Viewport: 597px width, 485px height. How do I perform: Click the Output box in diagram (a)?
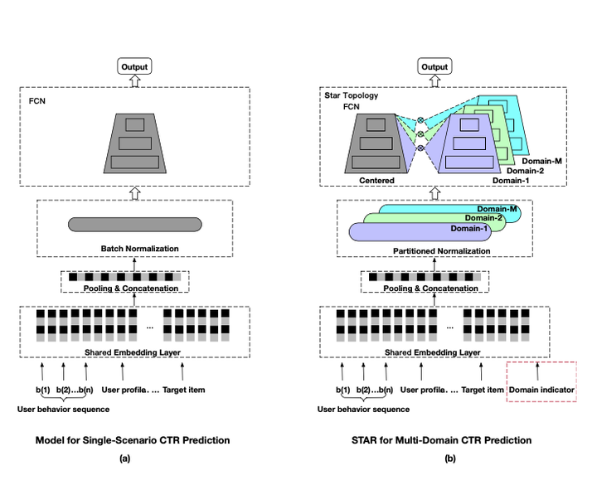tap(134, 66)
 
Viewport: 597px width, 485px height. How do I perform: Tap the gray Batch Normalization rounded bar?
tap(134, 224)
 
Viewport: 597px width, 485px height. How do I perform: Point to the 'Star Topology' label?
tap(351, 95)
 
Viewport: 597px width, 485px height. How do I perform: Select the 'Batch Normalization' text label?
tap(134, 248)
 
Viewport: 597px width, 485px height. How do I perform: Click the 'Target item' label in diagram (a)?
tap(184, 389)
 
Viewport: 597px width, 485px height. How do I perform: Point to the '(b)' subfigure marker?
tap(449, 458)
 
